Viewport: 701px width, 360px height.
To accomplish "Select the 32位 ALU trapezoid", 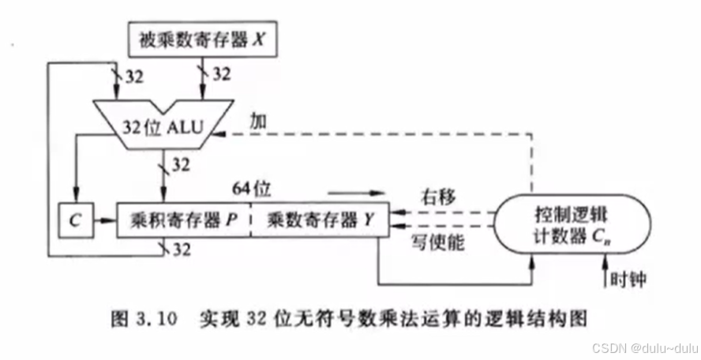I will (163, 126).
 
